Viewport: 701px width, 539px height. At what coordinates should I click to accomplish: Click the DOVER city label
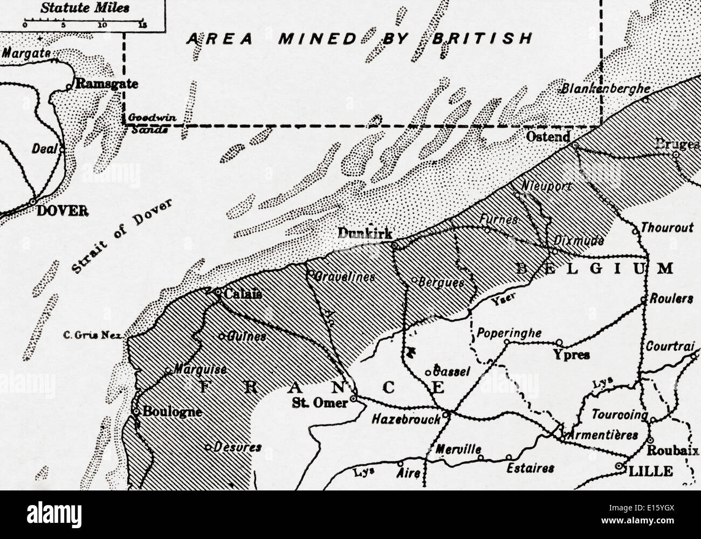tap(62, 211)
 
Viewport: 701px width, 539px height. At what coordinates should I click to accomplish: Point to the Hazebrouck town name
tap(406, 419)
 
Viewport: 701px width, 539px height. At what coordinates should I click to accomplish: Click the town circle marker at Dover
tap(33, 201)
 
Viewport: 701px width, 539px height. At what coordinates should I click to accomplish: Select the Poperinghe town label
tap(509, 333)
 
